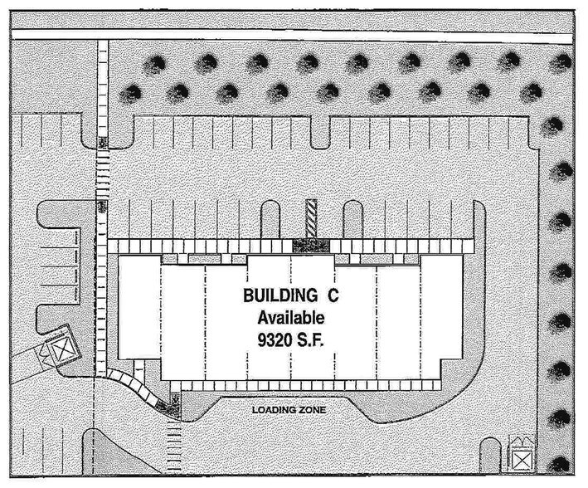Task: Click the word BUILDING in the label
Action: (x=280, y=295)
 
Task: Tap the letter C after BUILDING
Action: (x=333, y=295)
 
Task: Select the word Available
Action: (x=290, y=318)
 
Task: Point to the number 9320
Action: (x=274, y=340)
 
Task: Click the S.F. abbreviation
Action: (x=310, y=340)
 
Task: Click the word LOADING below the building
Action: (x=273, y=410)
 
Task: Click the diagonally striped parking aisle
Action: (x=311, y=218)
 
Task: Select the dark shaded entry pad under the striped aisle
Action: (x=311, y=246)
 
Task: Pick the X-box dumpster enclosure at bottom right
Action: (x=522, y=459)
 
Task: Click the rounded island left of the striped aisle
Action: (x=270, y=220)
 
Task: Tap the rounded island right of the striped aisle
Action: (x=352, y=220)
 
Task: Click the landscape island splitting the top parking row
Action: (x=320, y=134)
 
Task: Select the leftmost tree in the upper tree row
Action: (x=154, y=64)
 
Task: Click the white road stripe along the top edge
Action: (x=292, y=35)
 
